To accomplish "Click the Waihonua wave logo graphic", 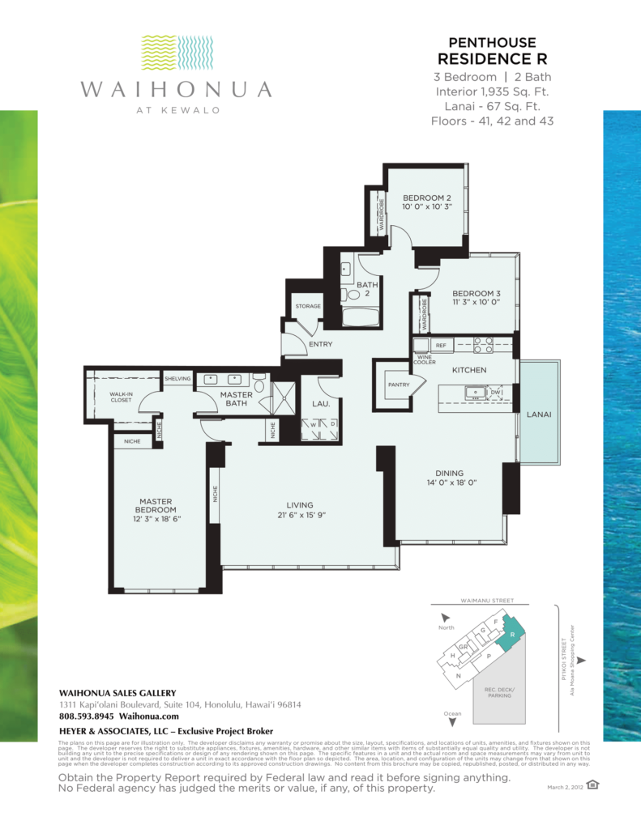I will coord(176,53).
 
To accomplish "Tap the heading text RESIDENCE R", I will coord(492,59).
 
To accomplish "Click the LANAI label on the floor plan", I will coord(539,414).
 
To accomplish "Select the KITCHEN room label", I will coord(469,370).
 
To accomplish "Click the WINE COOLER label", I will coord(424,359).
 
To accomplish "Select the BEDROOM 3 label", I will coord(476,293).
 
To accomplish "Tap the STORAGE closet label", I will coord(308,306).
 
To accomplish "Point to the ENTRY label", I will coord(320,344).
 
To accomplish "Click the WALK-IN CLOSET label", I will coord(122,397).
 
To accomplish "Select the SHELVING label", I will coord(177,378).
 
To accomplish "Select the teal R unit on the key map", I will coord(512,635).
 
